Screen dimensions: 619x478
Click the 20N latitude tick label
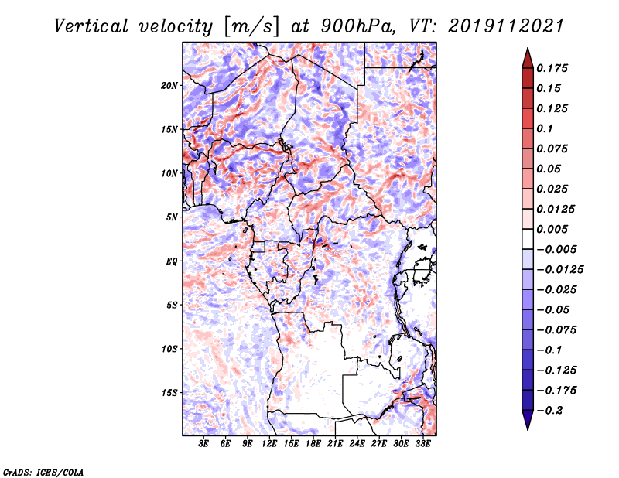pyautogui.click(x=169, y=86)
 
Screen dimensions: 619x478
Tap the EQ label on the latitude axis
pyautogui.click(x=172, y=261)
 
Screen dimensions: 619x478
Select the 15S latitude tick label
pyautogui.click(x=169, y=393)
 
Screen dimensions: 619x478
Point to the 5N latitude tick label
pyautogui.click(x=172, y=217)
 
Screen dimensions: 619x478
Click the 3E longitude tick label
pyautogui.click(x=203, y=443)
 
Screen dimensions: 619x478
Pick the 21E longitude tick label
pyautogui.click(x=335, y=443)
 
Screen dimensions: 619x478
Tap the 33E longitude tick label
pyautogui.click(x=422, y=443)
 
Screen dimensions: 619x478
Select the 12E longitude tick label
pyautogui.click(x=269, y=443)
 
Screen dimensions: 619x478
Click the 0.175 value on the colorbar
pyautogui.click(x=552, y=68)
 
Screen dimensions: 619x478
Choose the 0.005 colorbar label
pyautogui.click(x=552, y=229)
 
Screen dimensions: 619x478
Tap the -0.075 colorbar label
pyautogui.click(x=556, y=330)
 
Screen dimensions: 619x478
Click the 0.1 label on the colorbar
pyautogui.click(x=545, y=128)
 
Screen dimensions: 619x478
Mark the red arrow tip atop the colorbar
pyautogui.click(x=528, y=49)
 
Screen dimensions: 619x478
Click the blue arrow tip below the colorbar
pyautogui.click(x=528, y=429)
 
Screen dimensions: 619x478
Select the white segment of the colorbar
pyautogui.click(x=528, y=239)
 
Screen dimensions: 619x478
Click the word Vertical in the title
pyautogui.click(x=91, y=26)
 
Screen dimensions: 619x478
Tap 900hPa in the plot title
pyautogui.click(x=357, y=26)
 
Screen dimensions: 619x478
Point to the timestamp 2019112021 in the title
pyautogui.click(x=506, y=26)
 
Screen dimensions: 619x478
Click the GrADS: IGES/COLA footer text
pyautogui.click(x=43, y=473)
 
